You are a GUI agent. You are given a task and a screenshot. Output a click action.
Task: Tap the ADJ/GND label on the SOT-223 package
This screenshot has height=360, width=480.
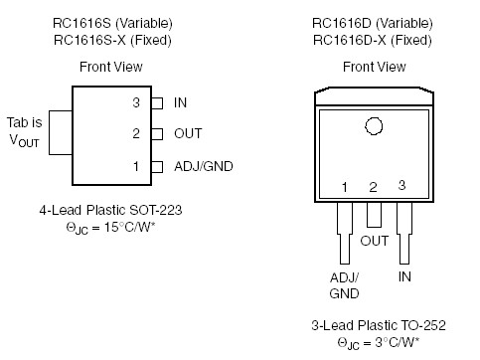click(x=203, y=166)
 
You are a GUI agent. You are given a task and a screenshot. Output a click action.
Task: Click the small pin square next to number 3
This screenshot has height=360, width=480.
click(x=156, y=102)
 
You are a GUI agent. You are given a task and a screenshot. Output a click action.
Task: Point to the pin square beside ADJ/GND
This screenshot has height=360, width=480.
click(x=156, y=166)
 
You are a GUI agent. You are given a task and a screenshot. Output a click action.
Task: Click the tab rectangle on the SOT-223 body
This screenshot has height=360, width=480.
click(x=59, y=133)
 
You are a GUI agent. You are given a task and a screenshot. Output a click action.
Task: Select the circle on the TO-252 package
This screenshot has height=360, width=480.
click(x=374, y=126)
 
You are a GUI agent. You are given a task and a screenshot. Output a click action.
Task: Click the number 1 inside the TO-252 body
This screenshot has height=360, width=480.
click(x=344, y=187)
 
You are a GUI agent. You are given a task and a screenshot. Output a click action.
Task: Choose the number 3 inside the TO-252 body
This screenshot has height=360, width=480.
click(x=402, y=185)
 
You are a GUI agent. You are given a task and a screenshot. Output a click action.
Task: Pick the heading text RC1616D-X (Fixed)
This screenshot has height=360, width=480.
click(x=374, y=39)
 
